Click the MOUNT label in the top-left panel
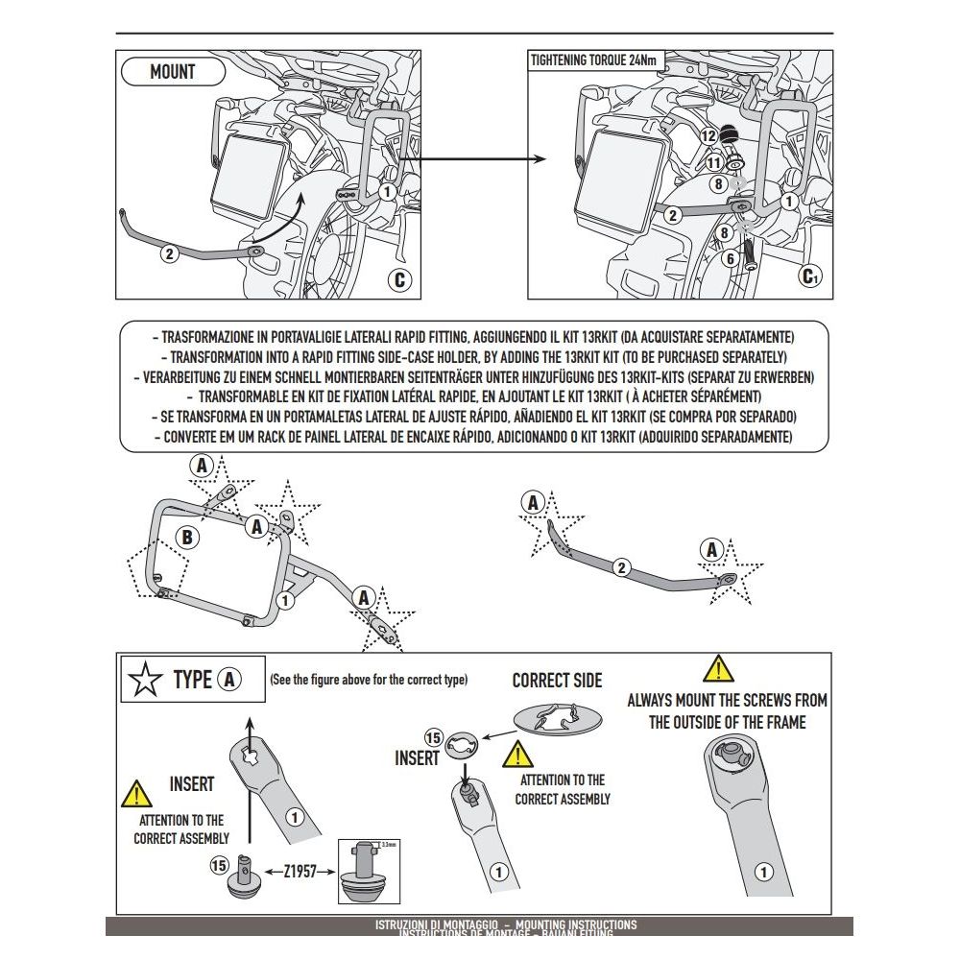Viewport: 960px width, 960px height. (x=173, y=72)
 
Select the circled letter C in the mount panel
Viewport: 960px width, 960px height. (x=400, y=279)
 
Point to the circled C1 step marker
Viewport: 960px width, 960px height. (x=811, y=278)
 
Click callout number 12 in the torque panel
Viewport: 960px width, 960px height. (x=708, y=136)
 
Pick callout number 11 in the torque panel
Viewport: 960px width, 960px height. (x=714, y=163)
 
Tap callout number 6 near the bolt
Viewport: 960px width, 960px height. (x=730, y=257)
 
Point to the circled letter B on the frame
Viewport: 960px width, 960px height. (x=187, y=538)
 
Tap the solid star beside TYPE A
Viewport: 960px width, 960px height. (x=145, y=680)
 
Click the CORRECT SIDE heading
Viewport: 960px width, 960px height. (x=557, y=681)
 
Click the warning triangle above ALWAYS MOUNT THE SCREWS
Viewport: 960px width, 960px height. (x=717, y=669)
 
